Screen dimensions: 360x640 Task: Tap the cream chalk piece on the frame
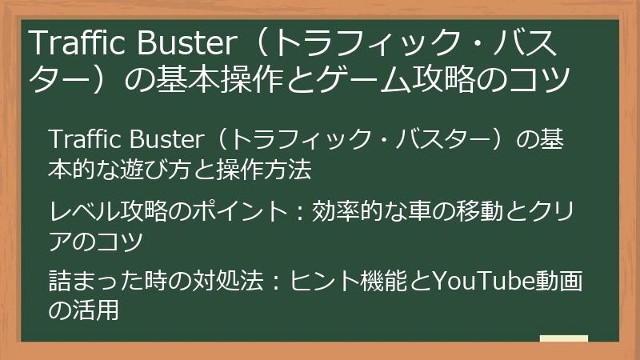[x=563, y=338]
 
